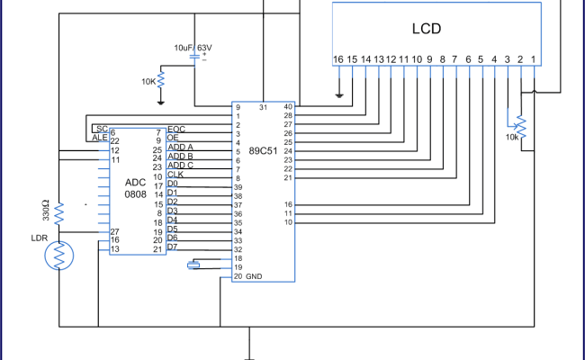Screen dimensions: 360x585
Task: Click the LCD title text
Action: (x=427, y=29)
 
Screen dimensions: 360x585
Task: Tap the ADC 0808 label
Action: (x=137, y=189)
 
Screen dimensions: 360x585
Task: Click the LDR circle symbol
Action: (x=59, y=256)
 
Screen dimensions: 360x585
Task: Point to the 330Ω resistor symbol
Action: (x=59, y=213)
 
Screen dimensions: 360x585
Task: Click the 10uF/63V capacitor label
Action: (x=193, y=47)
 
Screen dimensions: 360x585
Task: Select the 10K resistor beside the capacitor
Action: (x=161, y=80)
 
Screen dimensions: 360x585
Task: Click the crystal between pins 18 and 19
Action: (x=193, y=265)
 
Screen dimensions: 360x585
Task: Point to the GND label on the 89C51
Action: (x=254, y=277)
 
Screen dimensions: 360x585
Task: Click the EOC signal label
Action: (x=176, y=130)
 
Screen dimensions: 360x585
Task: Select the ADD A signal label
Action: (x=181, y=147)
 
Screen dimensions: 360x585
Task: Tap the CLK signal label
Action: (x=175, y=175)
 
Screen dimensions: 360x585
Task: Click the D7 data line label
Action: (x=172, y=246)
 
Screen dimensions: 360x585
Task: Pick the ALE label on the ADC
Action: (x=99, y=139)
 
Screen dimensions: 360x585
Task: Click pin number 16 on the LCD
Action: (x=338, y=59)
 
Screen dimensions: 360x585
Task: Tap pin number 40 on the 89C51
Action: (x=288, y=107)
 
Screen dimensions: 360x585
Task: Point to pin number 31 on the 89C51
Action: (x=263, y=107)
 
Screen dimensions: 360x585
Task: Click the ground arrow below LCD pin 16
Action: (x=339, y=93)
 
